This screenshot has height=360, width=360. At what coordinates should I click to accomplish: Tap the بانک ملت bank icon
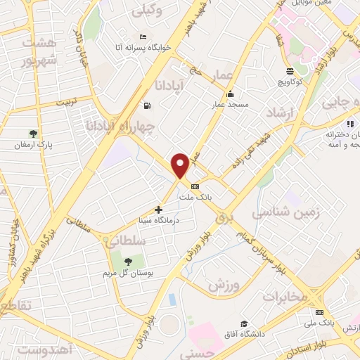coord(195,186)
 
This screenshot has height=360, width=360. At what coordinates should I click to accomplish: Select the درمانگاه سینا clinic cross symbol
coord(159,210)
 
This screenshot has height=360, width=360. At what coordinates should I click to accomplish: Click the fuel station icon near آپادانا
coord(146,106)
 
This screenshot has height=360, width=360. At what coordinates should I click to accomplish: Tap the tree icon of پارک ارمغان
coord(32,133)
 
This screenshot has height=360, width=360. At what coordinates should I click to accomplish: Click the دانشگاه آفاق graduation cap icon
coord(244,323)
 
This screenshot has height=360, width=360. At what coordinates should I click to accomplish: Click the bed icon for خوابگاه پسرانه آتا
coord(143,37)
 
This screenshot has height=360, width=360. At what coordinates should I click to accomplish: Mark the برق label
coord(224,220)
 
